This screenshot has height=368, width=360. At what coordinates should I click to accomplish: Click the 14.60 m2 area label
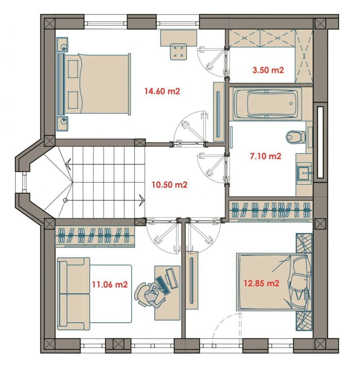[x=162, y=91]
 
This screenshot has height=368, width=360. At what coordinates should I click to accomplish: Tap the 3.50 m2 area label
[x=268, y=70]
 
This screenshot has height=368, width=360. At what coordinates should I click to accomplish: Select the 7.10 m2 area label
[x=265, y=156]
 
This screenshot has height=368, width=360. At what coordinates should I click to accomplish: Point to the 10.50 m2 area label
[x=170, y=185]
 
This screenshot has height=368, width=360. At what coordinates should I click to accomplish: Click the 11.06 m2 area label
[x=109, y=284]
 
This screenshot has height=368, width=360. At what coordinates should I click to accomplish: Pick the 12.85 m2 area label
[x=261, y=283]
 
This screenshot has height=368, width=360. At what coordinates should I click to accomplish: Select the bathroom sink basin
[x=304, y=173]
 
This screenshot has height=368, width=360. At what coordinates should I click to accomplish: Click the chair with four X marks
[x=178, y=52]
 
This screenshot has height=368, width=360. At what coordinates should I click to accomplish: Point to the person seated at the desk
[x=150, y=295]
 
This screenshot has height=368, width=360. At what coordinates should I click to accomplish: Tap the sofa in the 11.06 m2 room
[x=73, y=293]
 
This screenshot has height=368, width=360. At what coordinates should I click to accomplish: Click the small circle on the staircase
[x=66, y=200]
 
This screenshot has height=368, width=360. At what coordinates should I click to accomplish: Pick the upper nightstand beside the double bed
[x=62, y=45]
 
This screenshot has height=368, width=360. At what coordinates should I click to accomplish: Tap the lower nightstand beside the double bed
[x=62, y=124]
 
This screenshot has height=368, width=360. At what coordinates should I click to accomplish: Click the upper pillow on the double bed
[x=73, y=69]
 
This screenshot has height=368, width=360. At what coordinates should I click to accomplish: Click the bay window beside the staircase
[x=23, y=183]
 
